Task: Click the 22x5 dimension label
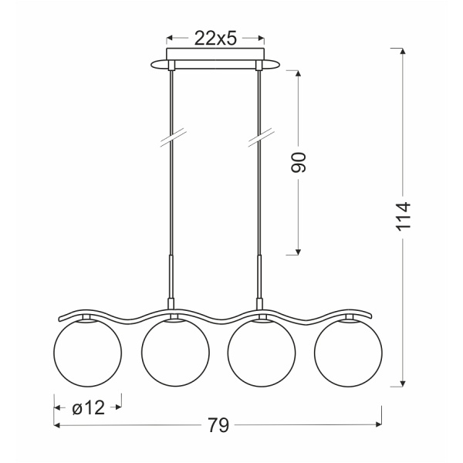[215, 39]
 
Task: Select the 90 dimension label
[298, 162]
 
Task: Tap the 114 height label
[403, 216]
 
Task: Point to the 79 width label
[218, 425]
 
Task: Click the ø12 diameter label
[88, 407]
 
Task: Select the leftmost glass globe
[87, 353]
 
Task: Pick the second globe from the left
[175, 353]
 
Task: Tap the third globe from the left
[262, 353]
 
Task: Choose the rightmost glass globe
[348, 353]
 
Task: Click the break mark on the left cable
[172, 137]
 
